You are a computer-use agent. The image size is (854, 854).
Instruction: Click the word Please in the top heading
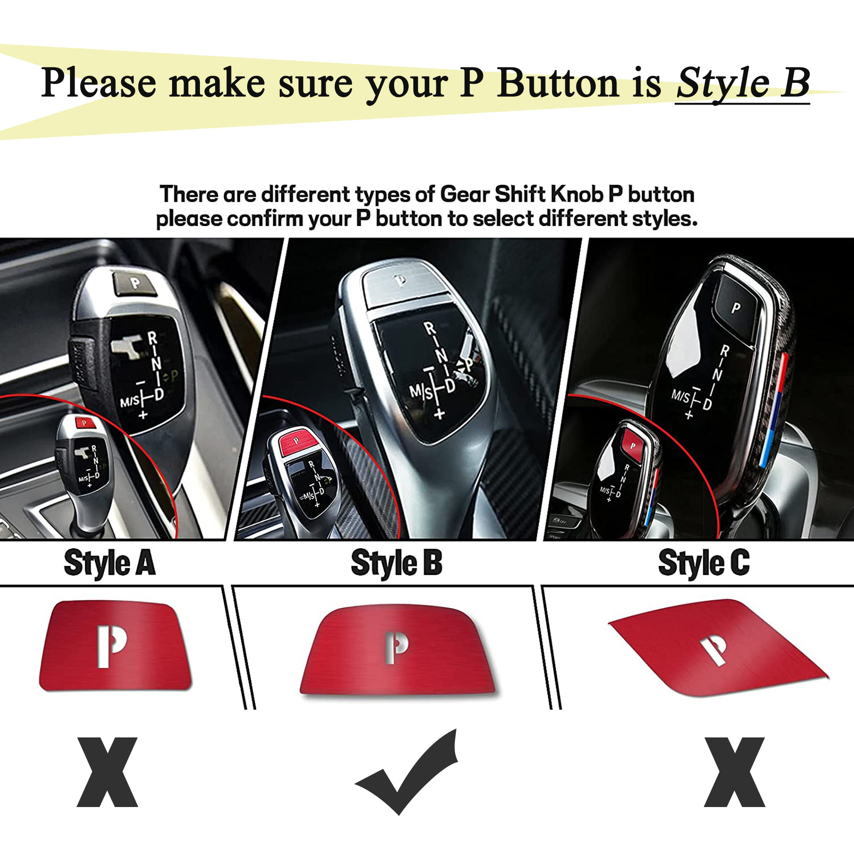[x=99, y=83]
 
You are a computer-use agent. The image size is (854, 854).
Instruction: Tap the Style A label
[x=110, y=563]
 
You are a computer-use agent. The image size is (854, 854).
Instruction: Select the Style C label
[x=704, y=563]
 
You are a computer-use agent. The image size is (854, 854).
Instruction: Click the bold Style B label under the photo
[x=397, y=563]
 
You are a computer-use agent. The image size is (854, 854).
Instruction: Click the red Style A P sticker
[x=115, y=646]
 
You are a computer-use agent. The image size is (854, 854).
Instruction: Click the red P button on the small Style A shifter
[x=85, y=423]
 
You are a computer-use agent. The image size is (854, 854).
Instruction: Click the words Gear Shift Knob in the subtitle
[x=522, y=194]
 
